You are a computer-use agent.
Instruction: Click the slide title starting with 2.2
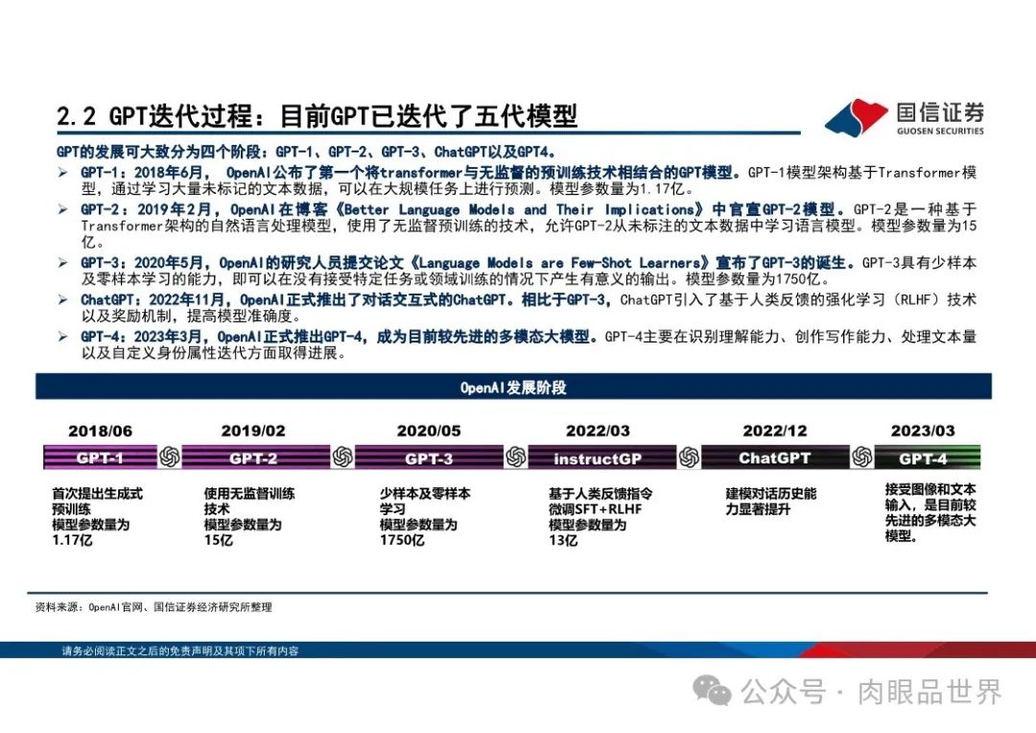(x=317, y=116)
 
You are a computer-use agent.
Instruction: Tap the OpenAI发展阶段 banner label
(x=513, y=388)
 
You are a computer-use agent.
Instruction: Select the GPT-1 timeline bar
(x=100, y=458)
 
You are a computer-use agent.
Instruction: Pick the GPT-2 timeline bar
(x=253, y=458)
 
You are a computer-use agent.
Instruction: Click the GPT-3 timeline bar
(x=429, y=458)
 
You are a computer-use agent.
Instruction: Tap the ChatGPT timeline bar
(x=774, y=458)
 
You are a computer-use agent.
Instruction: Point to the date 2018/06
(x=100, y=432)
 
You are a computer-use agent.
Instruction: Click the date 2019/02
(x=253, y=432)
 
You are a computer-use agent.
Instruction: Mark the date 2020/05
(x=429, y=432)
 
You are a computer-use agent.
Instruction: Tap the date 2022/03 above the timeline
(x=598, y=432)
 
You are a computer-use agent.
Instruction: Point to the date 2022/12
(x=775, y=432)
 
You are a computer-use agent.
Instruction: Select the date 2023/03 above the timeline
(x=923, y=432)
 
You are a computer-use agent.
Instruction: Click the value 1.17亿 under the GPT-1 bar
(x=72, y=541)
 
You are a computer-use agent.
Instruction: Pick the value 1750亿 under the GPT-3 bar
(x=402, y=541)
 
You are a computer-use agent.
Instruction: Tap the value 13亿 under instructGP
(x=563, y=541)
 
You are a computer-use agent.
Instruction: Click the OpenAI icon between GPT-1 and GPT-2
(x=169, y=458)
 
